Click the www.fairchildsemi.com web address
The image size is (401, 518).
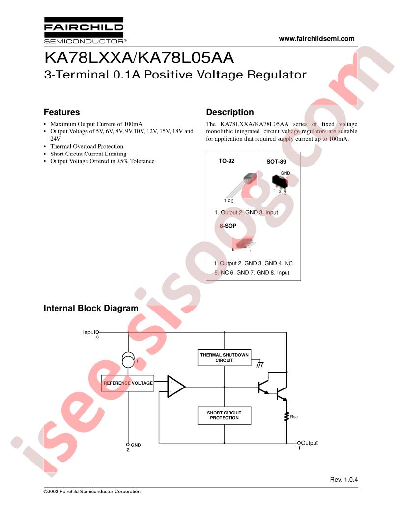point(316,39)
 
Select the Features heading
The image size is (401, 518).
point(61,112)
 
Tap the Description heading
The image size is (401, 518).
point(229,112)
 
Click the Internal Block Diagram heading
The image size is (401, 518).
point(91,308)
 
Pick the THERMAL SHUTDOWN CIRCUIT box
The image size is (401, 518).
point(224,357)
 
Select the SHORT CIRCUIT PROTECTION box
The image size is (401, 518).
point(224,415)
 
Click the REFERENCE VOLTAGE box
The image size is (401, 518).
point(128,383)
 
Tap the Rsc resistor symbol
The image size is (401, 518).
point(286,417)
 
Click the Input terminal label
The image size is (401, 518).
point(89,332)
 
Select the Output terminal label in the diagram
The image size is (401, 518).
point(309,443)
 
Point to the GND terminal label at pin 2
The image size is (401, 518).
point(136,445)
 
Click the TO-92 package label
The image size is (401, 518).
point(227,161)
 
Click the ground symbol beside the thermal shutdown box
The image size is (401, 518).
point(260,364)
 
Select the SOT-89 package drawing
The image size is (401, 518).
point(280,183)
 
